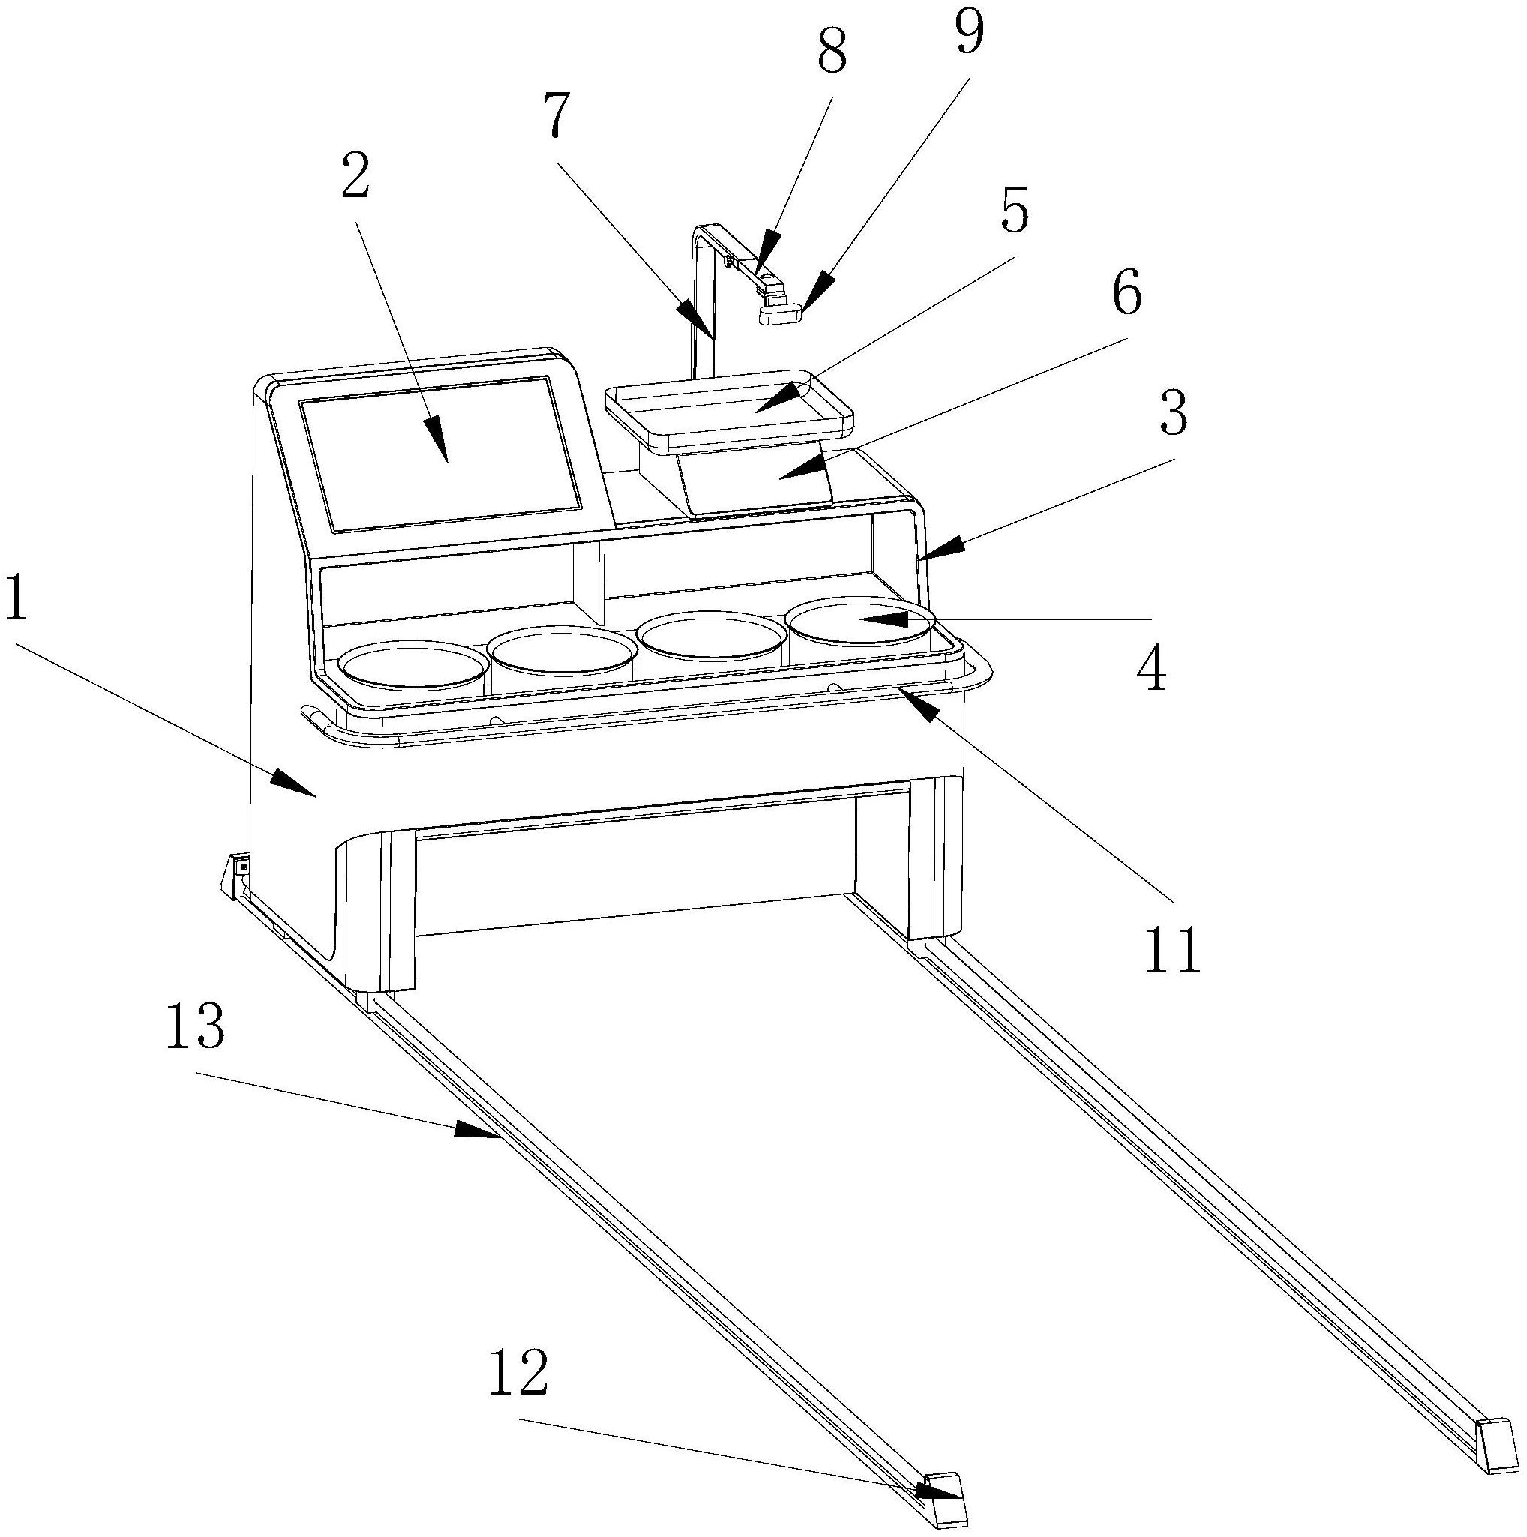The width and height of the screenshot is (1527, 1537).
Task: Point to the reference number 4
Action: (x=1151, y=669)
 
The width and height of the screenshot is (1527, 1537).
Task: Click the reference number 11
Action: (x=1171, y=951)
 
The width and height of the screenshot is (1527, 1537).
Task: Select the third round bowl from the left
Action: (x=710, y=637)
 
